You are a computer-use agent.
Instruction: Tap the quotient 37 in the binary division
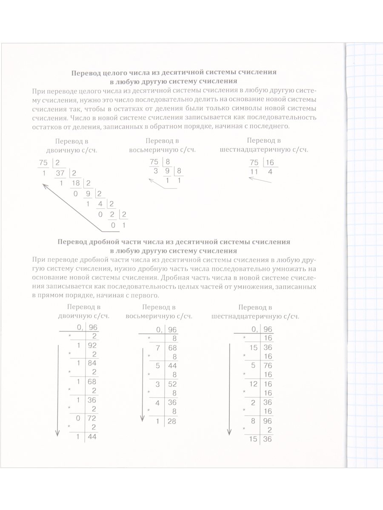(x=60, y=173)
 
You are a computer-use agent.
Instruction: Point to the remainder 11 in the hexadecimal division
(x=254, y=172)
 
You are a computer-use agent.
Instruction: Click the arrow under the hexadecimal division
(x=260, y=180)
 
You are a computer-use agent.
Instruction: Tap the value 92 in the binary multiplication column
(x=91, y=346)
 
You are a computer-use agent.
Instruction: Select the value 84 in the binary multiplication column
(x=91, y=363)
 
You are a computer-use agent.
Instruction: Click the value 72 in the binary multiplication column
(x=91, y=419)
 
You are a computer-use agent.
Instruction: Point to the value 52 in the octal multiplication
(x=172, y=385)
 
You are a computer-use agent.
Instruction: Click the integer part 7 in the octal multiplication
(x=157, y=348)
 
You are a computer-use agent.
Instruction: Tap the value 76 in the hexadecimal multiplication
(x=268, y=365)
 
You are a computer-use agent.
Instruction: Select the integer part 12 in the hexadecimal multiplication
(x=253, y=384)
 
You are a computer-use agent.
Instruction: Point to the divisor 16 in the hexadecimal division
(x=270, y=162)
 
